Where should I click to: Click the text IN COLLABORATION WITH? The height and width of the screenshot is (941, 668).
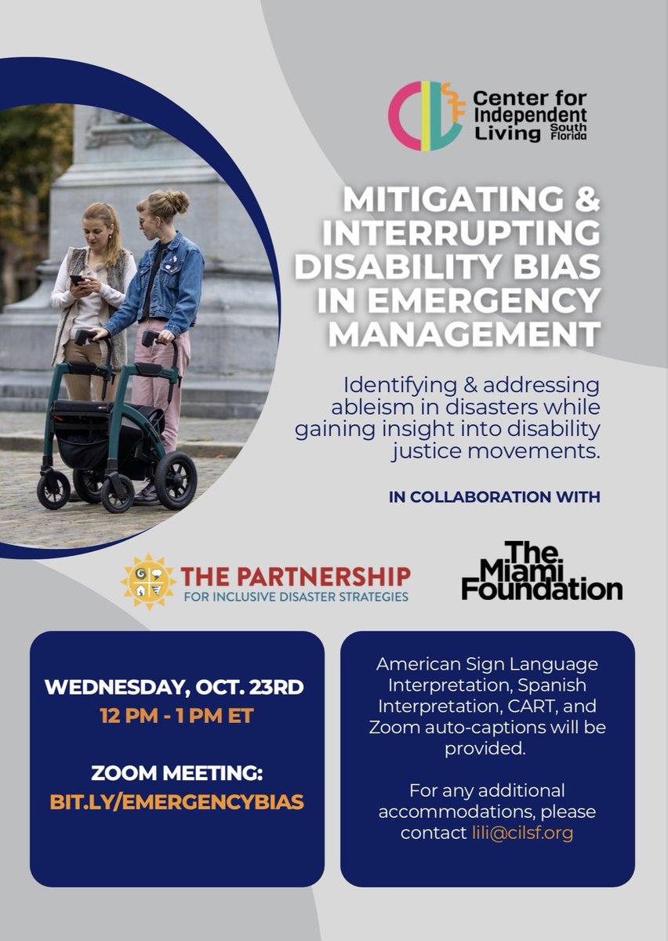(494, 496)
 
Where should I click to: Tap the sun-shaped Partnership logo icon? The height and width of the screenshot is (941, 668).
(148, 581)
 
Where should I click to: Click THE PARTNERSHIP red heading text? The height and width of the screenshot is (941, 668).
(296, 576)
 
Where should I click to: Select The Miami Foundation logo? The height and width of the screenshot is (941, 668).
(541, 571)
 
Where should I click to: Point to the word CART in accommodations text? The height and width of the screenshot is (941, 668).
(530, 707)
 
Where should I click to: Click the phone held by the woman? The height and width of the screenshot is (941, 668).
(75, 279)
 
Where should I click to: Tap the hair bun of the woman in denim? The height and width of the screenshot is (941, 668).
(177, 201)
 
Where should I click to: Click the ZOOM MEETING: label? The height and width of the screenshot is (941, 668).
(176, 774)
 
